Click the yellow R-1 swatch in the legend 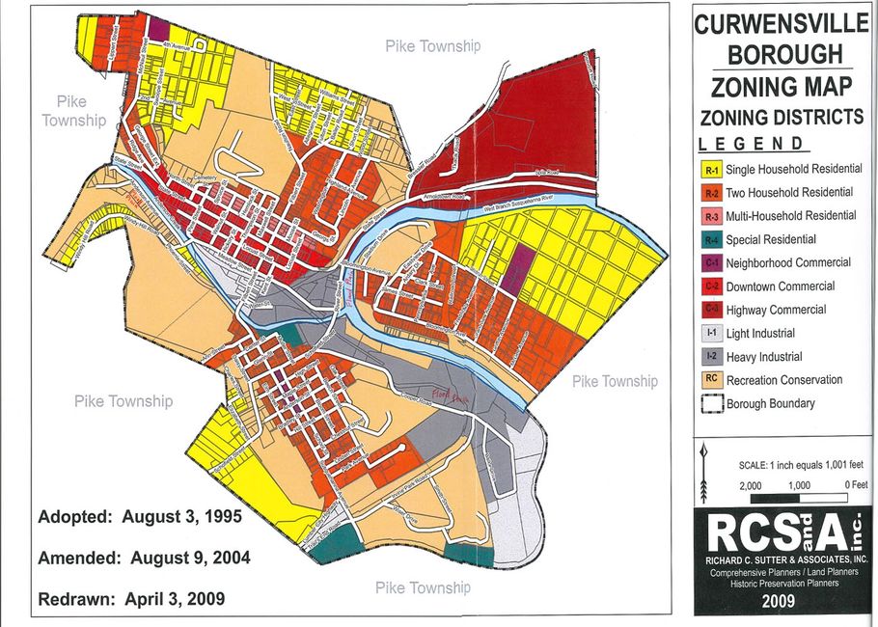click(x=711, y=170)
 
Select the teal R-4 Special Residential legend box click(x=711, y=240)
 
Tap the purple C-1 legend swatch click(x=711, y=263)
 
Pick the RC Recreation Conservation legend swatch click(x=711, y=380)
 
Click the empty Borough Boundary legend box click(x=711, y=404)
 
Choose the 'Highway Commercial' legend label click(x=776, y=311)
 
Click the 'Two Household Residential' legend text click(x=789, y=193)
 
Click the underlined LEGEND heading click(x=752, y=144)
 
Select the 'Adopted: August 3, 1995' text click(x=139, y=517)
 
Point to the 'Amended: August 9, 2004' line click(x=144, y=558)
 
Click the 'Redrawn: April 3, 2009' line click(x=131, y=599)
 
